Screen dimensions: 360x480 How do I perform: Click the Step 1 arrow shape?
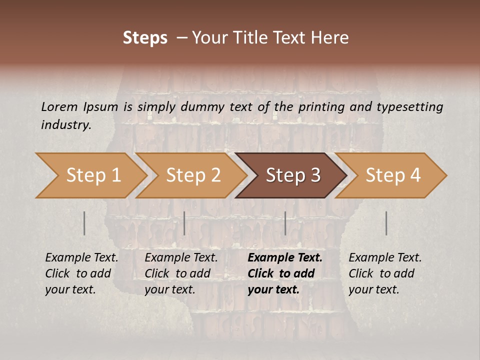[x=92, y=175]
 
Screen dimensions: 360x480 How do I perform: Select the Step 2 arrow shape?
[x=192, y=175]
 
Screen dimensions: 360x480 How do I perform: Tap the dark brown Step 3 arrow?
[x=292, y=175]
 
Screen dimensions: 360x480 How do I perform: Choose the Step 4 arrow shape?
[x=392, y=175]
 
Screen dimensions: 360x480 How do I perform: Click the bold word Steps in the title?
[x=145, y=38]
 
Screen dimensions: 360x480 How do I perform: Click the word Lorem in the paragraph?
[x=59, y=106]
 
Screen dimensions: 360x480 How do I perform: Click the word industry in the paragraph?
[x=65, y=124]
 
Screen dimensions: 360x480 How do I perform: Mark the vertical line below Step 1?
[x=84, y=223]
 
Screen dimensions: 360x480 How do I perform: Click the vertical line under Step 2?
[x=184, y=223]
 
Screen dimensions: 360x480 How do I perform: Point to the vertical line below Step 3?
[x=285, y=223]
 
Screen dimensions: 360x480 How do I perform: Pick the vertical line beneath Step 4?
[x=386, y=223]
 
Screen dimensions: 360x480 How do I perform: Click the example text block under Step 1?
[x=81, y=273]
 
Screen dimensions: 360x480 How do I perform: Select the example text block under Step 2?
[x=181, y=273]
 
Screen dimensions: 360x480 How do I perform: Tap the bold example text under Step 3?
[x=285, y=273]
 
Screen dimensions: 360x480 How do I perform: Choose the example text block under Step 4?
[x=385, y=273]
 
